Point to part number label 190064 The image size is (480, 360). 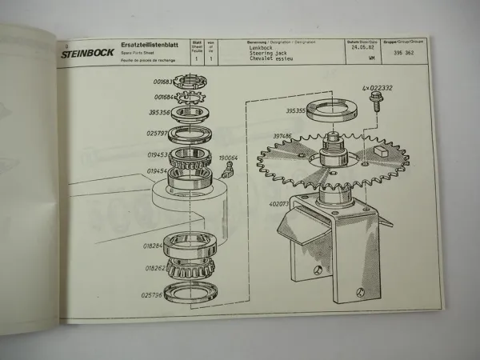pyautogui.click(x=230, y=158)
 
